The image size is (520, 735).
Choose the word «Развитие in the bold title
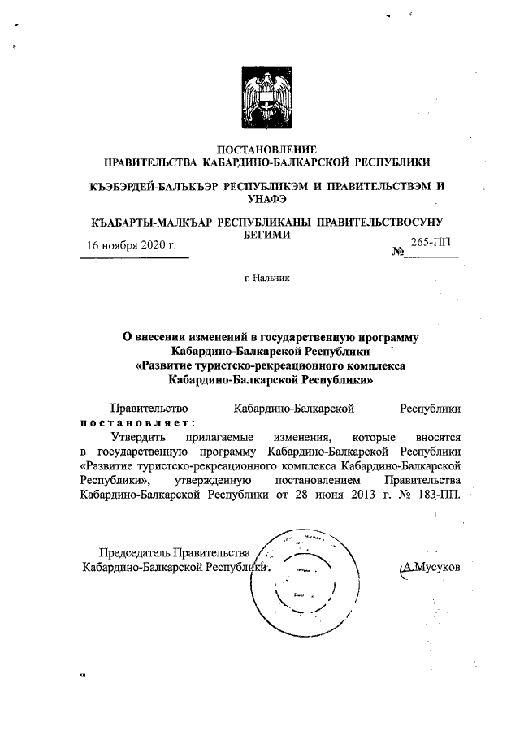(167, 365)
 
